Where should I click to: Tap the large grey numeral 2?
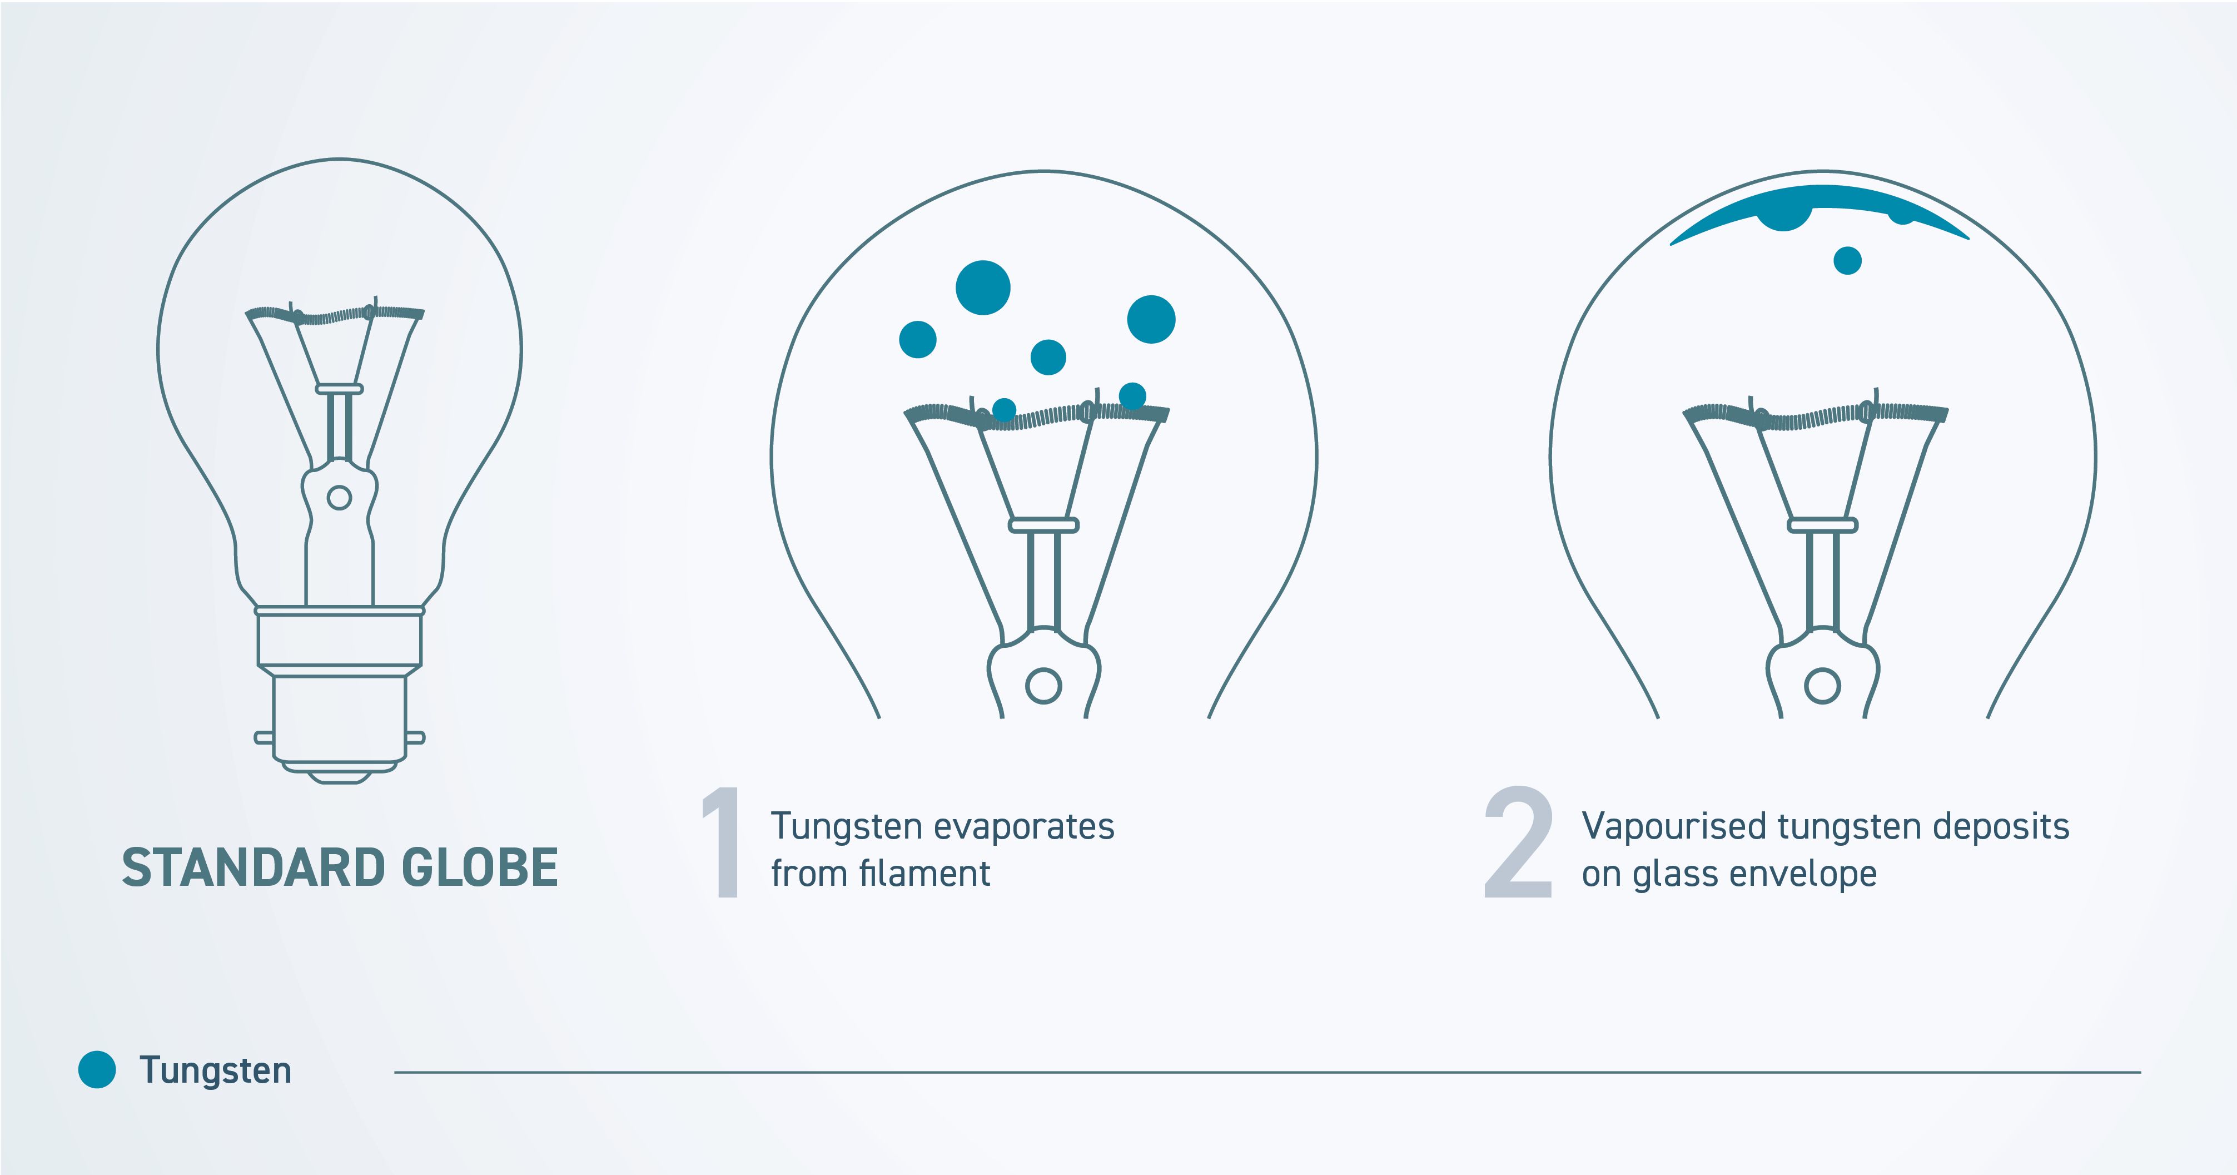click(x=1518, y=842)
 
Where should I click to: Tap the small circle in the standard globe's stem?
click(x=339, y=498)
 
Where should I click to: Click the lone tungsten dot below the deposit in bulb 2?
click(x=1847, y=260)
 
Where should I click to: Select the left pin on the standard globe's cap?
click(x=263, y=738)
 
